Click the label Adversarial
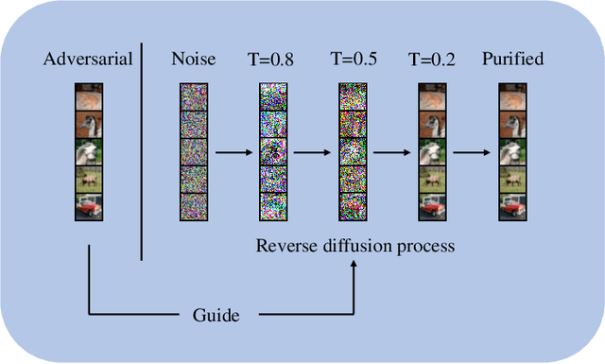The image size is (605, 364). [86, 60]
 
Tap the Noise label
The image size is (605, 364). [193, 60]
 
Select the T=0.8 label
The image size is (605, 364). [272, 60]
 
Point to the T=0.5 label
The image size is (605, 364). [352, 60]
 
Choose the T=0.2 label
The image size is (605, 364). [431, 60]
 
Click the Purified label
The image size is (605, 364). [512, 60]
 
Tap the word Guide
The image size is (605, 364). [216, 315]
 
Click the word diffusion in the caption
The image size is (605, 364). [355, 246]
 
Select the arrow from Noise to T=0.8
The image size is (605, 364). [233, 151]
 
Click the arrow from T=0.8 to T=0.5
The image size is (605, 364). [312, 151]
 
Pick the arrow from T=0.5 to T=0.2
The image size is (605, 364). [391, 151]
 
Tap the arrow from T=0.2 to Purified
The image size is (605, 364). [471, 151]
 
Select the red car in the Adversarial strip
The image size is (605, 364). [86, 206]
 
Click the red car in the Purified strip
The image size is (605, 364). [511, 206]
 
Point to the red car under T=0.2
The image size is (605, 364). [431, 206]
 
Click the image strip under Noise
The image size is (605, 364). [193, 151]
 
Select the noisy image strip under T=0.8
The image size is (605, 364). [272, 151]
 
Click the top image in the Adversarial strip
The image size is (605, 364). [86, 96]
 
